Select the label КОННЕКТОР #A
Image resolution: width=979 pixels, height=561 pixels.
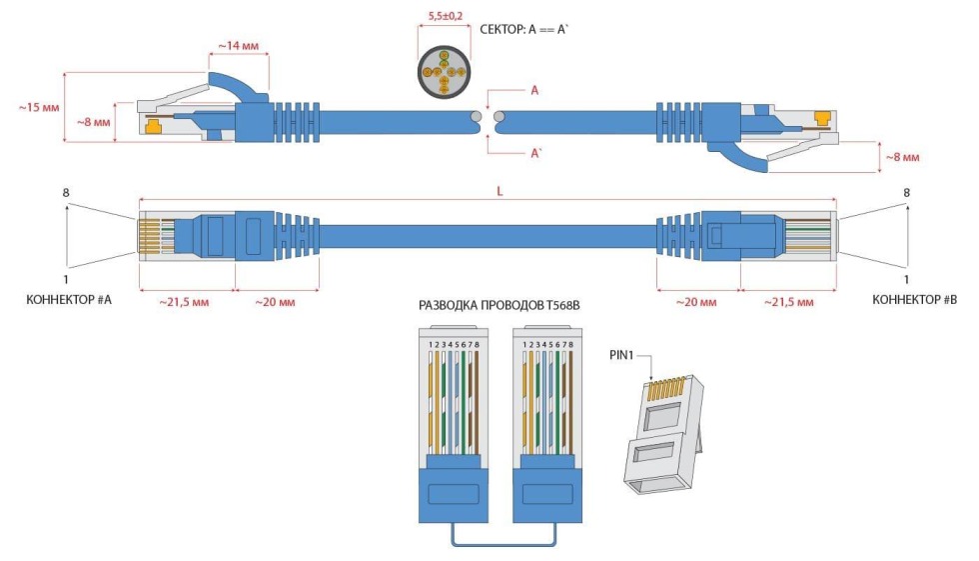[68, 299]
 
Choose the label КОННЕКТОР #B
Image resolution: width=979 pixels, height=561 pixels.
[914, 299]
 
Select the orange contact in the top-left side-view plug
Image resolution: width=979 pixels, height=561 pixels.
[154, 126]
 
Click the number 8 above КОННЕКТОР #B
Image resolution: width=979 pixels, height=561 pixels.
[906, 192]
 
